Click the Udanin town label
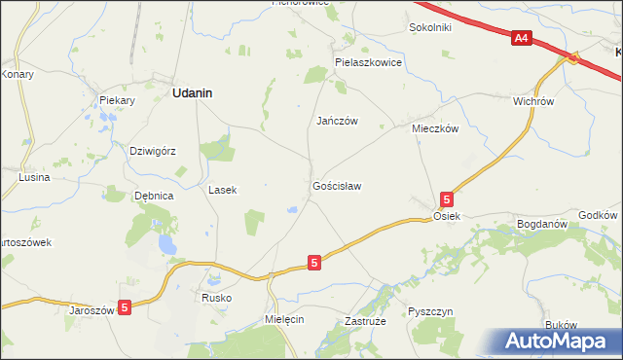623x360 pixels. point(193,93)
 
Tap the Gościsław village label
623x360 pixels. point(338,185)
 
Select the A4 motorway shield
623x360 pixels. point(521,38)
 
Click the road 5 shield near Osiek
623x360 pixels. point(446,198)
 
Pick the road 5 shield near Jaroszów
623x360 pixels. point(124,306)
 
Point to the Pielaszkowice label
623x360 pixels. point(368,61)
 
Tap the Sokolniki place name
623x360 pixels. point(430,27)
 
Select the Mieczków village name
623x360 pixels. point(434,127)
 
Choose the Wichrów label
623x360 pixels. point(532,100)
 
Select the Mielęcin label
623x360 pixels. point(285,318)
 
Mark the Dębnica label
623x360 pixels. point(154,196)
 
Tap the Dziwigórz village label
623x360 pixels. point(152,151)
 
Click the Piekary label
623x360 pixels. point(116,100)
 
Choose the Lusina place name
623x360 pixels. point(34,178)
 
